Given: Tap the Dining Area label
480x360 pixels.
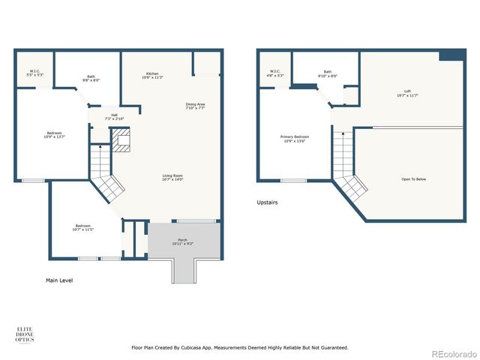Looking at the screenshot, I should pyautogui.click(x=195, y=106).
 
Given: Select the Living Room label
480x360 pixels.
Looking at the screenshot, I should pyautogui.click(x=172, y=177).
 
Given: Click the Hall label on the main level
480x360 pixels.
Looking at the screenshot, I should pyautogui.click(x=114, y=116).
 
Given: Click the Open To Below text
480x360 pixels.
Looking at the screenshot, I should pyautogui.click(x=413, y=178).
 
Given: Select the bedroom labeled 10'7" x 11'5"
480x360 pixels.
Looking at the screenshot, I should pyautogui.click(x=83, y=227).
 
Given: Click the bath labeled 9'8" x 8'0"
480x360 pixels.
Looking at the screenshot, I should pyautogui.click(x=91, y=78).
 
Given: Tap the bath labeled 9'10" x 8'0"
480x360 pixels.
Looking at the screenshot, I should pyautogui.click(x=328, y=73).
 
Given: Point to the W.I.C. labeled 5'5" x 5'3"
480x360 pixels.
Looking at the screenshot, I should pyautogui.click(x=34, y=73).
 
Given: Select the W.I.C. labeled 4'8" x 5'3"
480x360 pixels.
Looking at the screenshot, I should pyautogui.click(x=274, y=73).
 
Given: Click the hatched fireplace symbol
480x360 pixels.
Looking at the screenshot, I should pyautogui.click(x=121, y=139).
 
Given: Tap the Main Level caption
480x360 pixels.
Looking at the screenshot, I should pyautogui.click(x=59, y=280).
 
